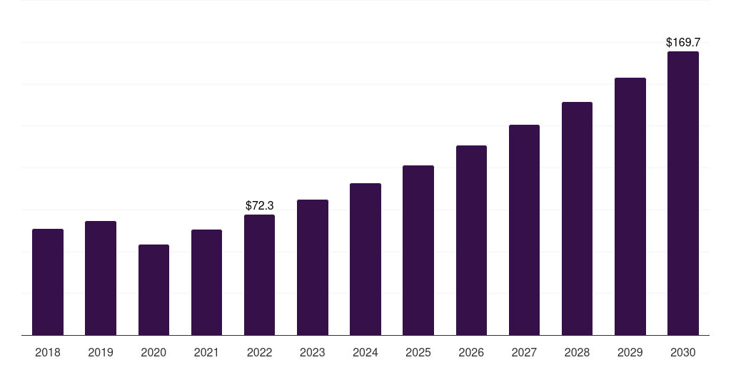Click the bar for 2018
[48, 282]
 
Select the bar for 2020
[154, 290]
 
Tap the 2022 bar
[259, 275]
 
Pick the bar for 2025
[418, 250]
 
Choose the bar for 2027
[524, 230]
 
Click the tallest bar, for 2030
[683, 193]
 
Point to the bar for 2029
[630, 207]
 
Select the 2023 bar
[313, 268]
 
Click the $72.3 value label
[260, 205]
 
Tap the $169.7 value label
[683, 42]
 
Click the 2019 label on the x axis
[101, 352]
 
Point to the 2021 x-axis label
[206, 352]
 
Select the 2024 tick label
[365, 352]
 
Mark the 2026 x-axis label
[471, 352]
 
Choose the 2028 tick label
[577, 352]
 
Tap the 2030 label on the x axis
[683, 352]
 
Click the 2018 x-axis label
[48, 352]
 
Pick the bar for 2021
[206, 282]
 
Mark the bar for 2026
[471, 240]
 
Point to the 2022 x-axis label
[259, 352]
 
